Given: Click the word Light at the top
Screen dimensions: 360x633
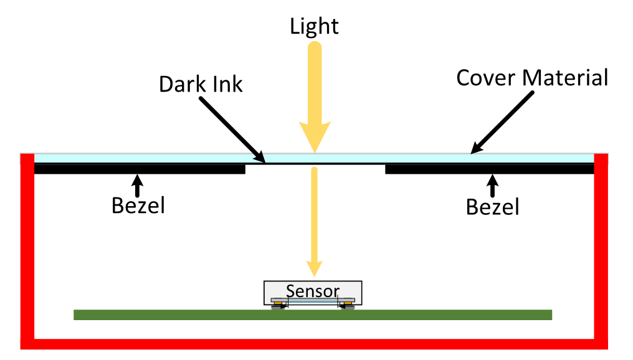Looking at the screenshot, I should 314,26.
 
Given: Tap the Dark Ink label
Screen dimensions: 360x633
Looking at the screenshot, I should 201,83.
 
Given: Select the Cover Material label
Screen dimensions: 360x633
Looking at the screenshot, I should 531,78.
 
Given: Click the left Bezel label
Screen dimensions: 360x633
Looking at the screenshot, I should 138,205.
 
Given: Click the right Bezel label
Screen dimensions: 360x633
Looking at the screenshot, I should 492,206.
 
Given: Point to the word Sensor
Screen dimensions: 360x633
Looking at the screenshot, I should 313,291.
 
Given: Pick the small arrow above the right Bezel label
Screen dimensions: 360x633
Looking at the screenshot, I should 492,185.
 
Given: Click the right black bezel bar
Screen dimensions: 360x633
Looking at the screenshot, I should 489,169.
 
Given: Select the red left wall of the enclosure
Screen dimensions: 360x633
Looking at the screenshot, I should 27,249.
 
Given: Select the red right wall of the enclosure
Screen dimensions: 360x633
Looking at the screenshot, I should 601,249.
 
